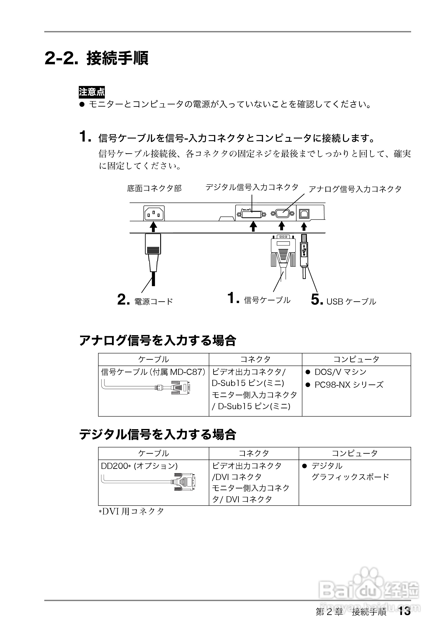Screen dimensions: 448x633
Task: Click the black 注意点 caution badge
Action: pos(92,92)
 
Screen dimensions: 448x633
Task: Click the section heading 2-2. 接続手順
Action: pos(97,58)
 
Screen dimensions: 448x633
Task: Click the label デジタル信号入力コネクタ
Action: pos(252,188)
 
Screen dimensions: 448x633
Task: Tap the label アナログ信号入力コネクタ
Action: pos(355,189)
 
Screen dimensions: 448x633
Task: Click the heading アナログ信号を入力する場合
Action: pos(158,341)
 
